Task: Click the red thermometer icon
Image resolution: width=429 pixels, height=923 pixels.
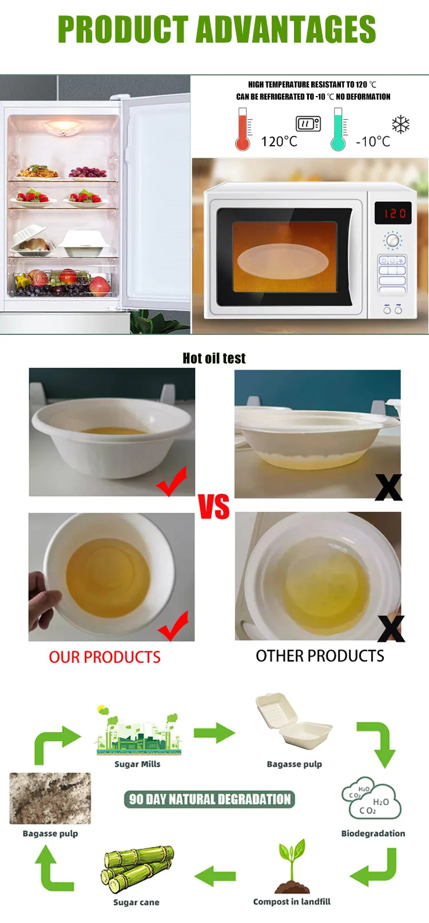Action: click(x=243, y=129)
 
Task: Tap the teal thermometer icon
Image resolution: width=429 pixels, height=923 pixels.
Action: click(x=338, y=129)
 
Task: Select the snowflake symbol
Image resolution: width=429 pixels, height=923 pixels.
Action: click(x=400, y=125)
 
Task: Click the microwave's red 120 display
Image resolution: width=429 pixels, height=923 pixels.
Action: click(x=393, y=213)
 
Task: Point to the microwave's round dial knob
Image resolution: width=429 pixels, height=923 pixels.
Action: click(x=393, y=240)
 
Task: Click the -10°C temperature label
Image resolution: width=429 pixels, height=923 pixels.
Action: click(x=373, y=142)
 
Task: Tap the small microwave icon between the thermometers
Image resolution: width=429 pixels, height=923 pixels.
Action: click(x=308, y=123)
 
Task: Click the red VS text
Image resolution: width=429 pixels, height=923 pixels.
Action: click(x=214, y=506)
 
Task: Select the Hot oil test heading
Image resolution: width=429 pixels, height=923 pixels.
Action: click(x=214, y=358)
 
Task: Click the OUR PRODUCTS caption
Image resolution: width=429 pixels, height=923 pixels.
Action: click(x=105, y=657)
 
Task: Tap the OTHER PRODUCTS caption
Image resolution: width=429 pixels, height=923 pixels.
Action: click(x=320, y=656)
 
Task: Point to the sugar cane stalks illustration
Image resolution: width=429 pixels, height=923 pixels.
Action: click(x=137, y=869)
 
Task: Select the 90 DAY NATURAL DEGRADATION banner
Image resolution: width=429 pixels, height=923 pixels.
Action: click(x=209, y=799)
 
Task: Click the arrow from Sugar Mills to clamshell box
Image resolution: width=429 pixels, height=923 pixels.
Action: click(x=214, y=733)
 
